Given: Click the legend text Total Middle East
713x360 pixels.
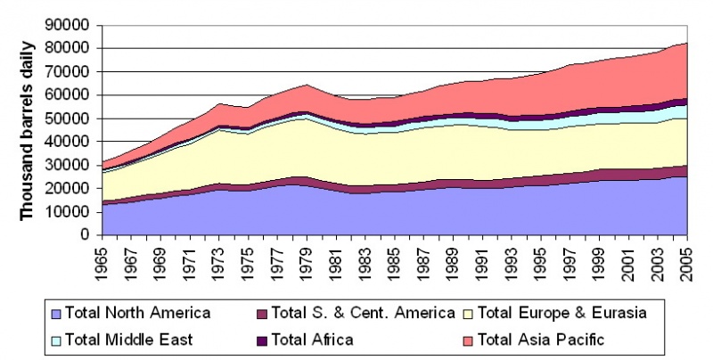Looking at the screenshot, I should tap(136, 339).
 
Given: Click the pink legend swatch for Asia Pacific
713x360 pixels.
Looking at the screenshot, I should tap(467, 340).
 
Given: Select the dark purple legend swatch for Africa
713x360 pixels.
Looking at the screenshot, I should tap(261, 340).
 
